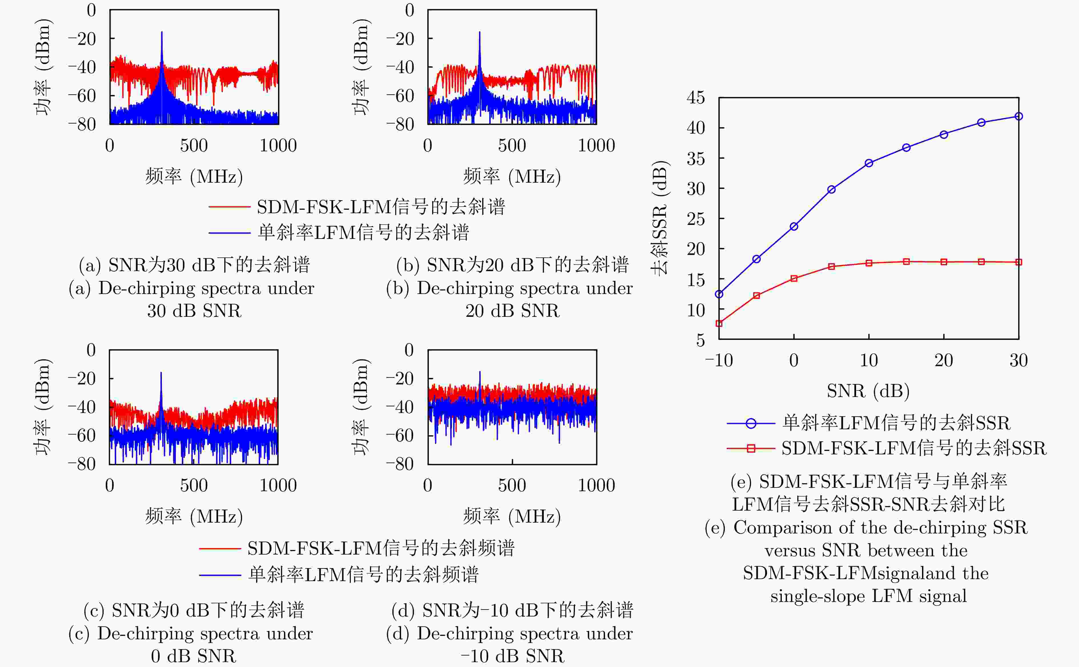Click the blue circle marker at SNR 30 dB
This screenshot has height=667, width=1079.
[x=1018, y=116]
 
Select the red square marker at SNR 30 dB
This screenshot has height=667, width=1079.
[x=1018, y=262]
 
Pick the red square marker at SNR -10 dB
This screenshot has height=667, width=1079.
[x=719, y=323]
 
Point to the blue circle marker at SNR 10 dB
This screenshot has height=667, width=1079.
[x=869, y=163]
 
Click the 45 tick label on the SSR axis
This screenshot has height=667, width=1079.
[x=696, y=98]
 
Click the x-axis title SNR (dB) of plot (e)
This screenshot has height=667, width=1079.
[x=868, y=390]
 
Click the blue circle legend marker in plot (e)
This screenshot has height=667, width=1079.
[x=751, y=424]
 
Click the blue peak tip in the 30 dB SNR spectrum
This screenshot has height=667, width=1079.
[x=162, y=32]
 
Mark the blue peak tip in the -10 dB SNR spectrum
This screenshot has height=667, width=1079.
[x=480, y=372]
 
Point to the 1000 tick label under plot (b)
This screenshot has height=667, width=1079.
[x=596, y=146]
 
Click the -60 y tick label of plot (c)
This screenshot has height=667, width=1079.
[x=82, y=436]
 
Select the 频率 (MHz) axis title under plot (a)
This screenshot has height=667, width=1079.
[x=194, y=176]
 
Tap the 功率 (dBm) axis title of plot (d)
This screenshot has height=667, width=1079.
[x=361, y=406]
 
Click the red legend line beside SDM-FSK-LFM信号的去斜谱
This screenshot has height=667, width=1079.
[x=230, y=206]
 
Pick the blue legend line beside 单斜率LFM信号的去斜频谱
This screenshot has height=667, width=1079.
[x=220, y=575]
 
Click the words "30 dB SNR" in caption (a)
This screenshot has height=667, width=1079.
[x=194, y=311]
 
